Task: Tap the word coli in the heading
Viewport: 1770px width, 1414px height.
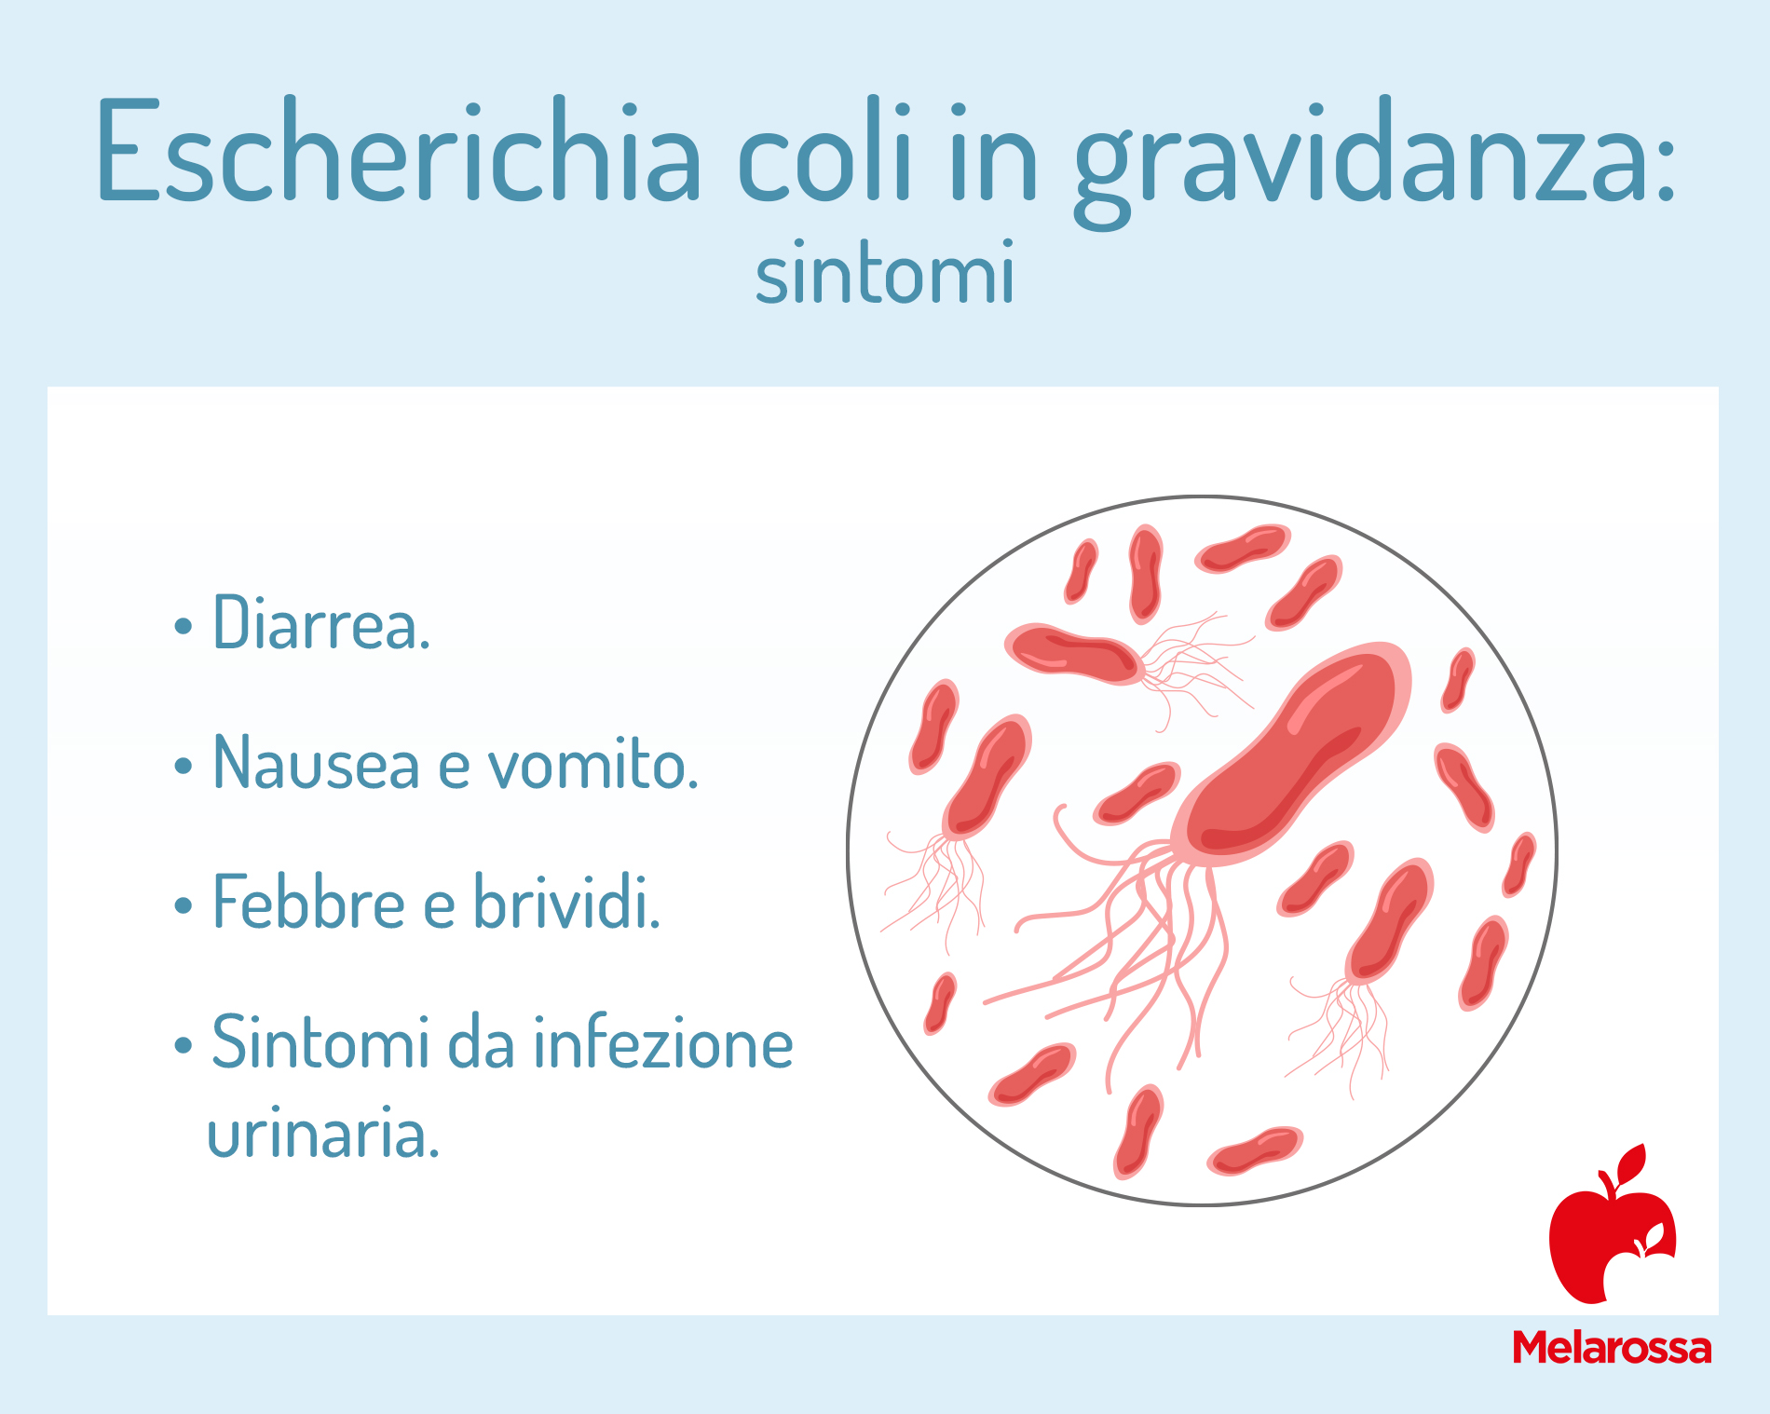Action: click(824, 149)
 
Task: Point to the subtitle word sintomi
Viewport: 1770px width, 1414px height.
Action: click(885, 272)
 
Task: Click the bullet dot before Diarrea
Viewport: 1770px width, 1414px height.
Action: click(183, 627)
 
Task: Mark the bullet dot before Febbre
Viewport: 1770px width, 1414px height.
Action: click(183, 905)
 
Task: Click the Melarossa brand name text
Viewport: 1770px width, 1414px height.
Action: click(1612, 1347)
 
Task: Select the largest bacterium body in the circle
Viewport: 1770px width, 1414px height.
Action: click(1291, 755)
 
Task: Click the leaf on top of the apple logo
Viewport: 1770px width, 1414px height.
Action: click(1632, 1162)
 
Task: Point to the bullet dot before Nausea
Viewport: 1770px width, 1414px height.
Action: click(183, 767)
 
